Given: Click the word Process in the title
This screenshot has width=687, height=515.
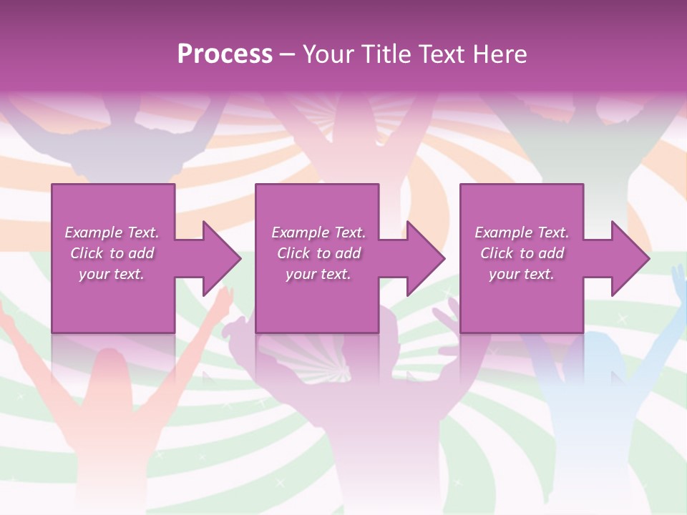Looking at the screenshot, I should (225, 54).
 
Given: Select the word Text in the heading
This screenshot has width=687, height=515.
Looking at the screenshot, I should (442, 54).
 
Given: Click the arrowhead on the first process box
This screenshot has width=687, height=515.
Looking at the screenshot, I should (218, 258).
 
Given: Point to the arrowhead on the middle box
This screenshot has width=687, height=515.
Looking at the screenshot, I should (423, 258).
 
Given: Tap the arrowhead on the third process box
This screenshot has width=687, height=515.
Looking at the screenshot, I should (628, 258).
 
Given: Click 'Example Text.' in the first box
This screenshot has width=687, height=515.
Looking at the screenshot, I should (112, 232).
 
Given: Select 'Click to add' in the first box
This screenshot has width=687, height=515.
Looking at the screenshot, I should (112, 253).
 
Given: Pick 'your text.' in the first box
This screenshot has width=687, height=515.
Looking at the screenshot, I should (112, 274).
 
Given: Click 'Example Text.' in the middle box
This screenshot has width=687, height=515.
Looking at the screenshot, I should (318, 232).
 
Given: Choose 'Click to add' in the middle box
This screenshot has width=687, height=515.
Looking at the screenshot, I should (318, 253).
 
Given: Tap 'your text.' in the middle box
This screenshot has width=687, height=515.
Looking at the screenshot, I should (318, 274).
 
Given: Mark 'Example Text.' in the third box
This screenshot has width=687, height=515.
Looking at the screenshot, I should (522, 232).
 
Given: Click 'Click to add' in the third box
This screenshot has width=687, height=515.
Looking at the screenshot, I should (522, 253).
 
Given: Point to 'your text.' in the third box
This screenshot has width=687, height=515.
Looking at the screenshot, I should (522, 274).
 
